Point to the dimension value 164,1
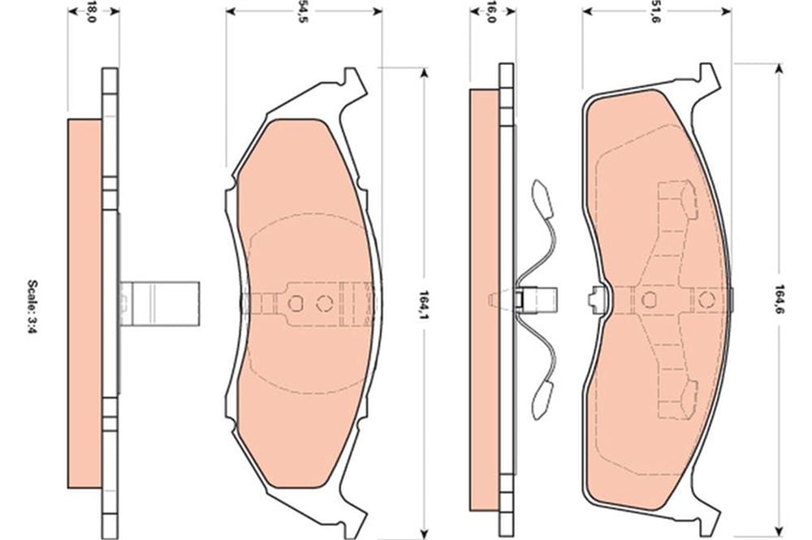pos(424,303)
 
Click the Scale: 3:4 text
pos(32,306)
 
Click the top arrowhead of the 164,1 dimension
pos(424,73)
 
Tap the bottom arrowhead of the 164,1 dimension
pos(424,534)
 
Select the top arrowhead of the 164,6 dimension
pos(779,69)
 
